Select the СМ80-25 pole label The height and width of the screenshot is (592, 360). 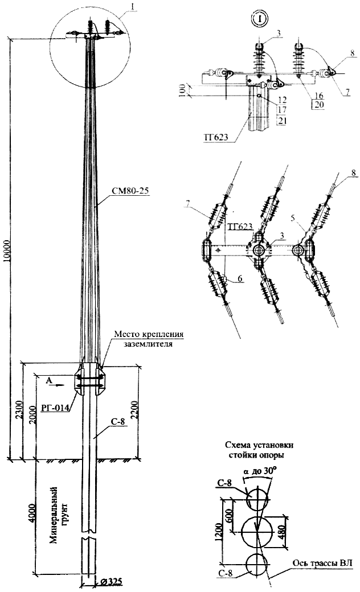click(x=130, y=191)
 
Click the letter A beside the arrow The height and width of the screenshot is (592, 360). click(x=48, y=381)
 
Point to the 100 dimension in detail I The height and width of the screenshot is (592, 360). click(x=183, y=91)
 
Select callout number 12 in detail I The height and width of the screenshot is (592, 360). click(x=282, y=100)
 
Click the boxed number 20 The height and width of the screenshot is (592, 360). click(x=319, y=104)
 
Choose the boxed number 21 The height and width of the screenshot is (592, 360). click(x=282, y=121)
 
